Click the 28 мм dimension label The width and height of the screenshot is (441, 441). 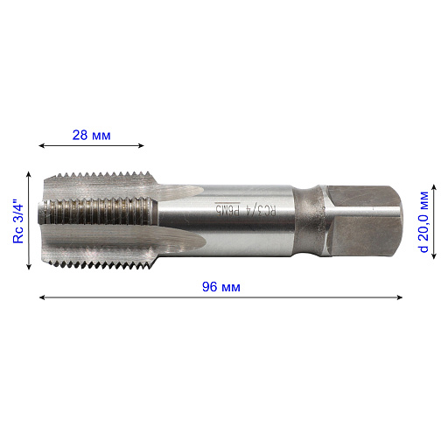coord(91,136)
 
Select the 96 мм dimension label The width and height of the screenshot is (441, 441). coord(221,287)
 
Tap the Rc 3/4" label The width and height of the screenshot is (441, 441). coord(18,221)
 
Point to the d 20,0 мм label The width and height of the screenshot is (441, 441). coord(423,221)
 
